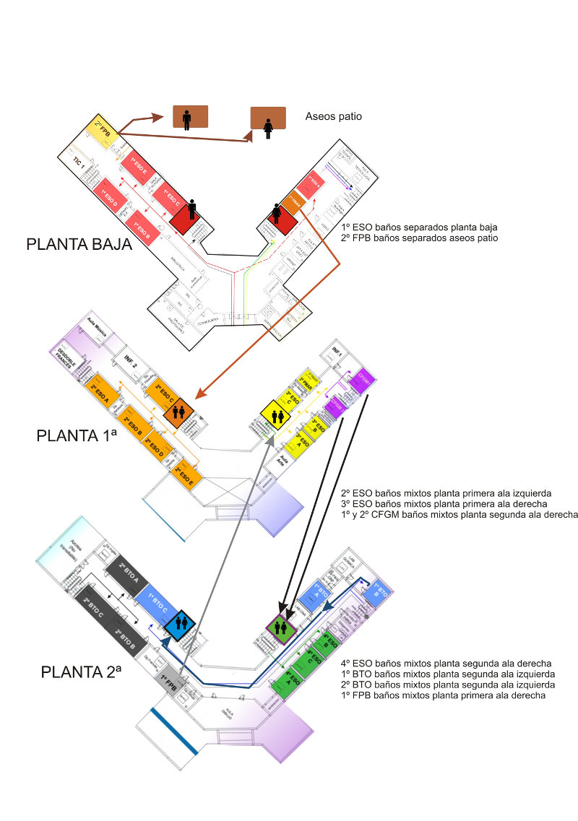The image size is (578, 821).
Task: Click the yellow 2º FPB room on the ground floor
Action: pyautogui.click(x=103, y=131)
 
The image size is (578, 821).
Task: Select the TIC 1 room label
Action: pyautogui.click(x=79, y=163)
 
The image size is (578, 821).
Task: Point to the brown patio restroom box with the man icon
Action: pyautogui.click(x=189, y=116)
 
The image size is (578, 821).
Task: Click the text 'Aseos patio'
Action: pyautogui.click(x=333, y=116)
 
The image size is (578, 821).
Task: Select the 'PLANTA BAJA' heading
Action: pyautogui.click(x=79, y=245)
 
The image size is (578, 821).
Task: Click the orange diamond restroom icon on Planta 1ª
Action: pyautogui.click(x=178, y=412)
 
